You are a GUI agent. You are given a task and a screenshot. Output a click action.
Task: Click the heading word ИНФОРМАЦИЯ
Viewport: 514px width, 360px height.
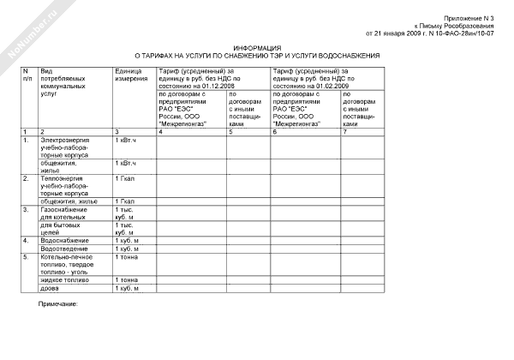257,48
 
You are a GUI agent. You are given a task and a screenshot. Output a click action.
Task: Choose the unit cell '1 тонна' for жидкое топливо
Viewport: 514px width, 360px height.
126,279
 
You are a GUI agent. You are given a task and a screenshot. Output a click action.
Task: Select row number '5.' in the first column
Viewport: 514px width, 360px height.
27,256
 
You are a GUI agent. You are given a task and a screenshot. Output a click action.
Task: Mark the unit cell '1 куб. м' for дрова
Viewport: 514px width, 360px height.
127,287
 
